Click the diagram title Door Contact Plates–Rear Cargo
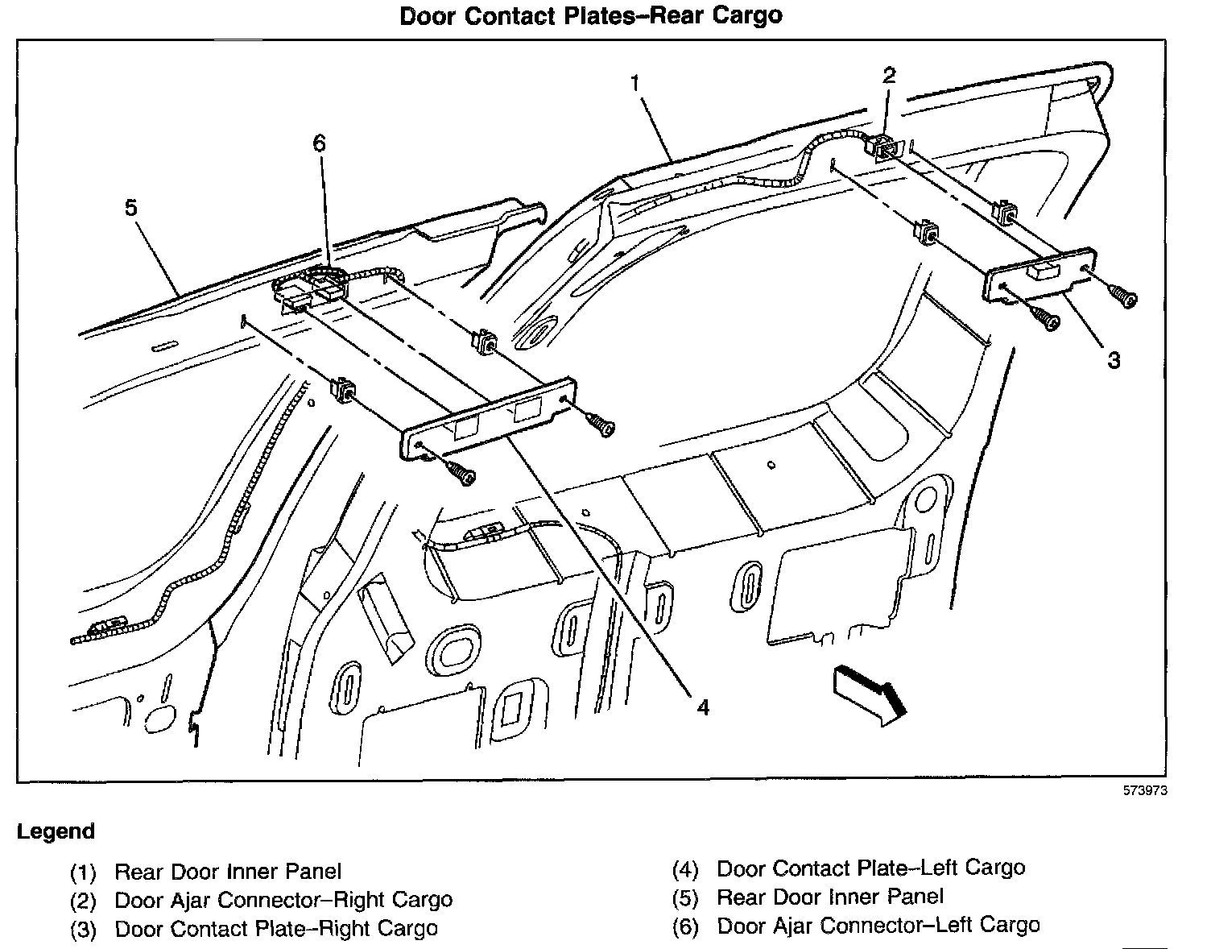coord(591,16)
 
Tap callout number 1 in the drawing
coord(635,83)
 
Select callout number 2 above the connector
coord(888,76)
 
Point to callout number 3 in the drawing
coord(1113,360)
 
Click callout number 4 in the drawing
coord(703,707)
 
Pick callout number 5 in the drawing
coord(130,209)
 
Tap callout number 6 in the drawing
coord(320,143)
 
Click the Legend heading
coord(56,831)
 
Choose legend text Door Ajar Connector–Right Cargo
coord(283,900)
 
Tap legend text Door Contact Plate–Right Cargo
coord(276,929)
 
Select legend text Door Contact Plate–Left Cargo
coord(870,868)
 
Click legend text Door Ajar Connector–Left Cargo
coord(878,926)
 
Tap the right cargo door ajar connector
coord(882,147)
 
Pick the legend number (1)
coord(83,872)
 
